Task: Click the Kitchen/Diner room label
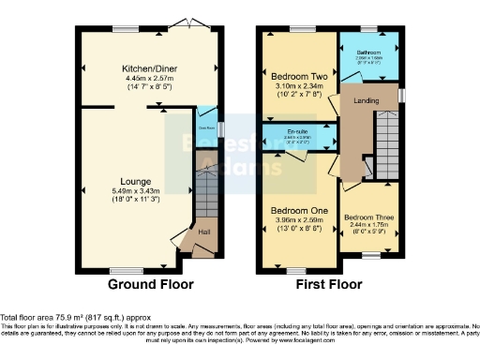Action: click(149, 68)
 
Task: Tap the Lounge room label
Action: click(137, 181)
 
